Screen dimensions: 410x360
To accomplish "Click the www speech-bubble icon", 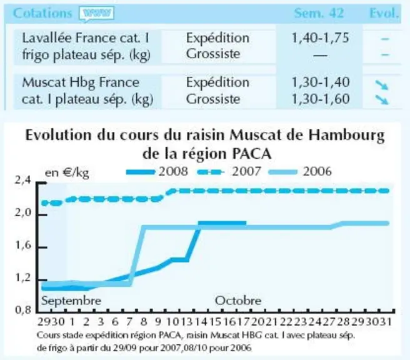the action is click(x=96, y=14).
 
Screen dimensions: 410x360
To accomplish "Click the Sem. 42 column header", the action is click(x=319, y=13).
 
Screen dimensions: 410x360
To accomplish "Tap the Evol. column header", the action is click(x=384, y=13).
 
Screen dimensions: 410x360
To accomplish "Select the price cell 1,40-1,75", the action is click(x=320, y=38).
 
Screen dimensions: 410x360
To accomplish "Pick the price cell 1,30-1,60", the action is click(x=320, y=99).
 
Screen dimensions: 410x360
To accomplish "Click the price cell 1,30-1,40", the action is click(x=320, y=82).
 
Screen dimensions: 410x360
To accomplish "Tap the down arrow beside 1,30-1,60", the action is click(x=382, y=99).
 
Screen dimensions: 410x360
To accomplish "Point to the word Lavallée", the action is click(x=46, y=38).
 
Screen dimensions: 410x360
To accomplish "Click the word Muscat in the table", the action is click(x=44, y=82).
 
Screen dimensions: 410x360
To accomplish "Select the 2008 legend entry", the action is click(x=157, y=172).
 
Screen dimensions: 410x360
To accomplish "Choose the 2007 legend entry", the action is click(x=229, y=172).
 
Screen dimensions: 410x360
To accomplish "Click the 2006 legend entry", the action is click(x=301, y=172).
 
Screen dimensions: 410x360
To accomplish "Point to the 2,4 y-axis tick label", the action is click(x=23, y=181).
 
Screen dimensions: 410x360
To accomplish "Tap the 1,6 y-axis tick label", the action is click(x=23, y=246).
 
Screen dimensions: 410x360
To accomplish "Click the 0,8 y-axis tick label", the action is click(x=23, y=310).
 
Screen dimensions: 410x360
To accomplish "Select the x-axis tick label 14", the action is click(x=201, y=322).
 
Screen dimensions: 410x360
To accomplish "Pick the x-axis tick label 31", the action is click(x=386, y=322).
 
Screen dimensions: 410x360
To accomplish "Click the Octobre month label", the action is click(x=238, y=301).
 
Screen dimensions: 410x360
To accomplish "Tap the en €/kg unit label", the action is click(x=67, y=173).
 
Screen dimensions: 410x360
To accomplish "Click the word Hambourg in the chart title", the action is click(x=346, y=136).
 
